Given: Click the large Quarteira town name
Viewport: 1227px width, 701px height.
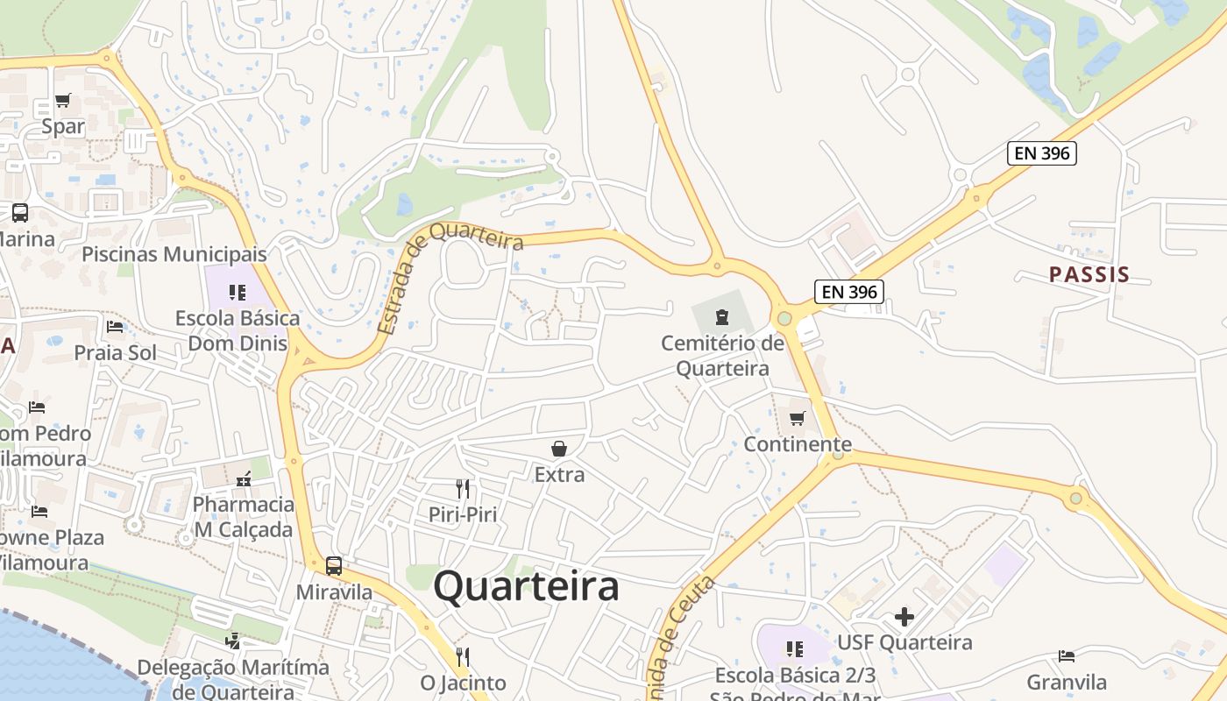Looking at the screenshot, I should click(x=526, y=585).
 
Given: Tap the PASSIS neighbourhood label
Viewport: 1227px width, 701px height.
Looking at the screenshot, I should click(x=1089, y=274).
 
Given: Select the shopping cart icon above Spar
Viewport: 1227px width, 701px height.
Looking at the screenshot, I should click(x=62, y=101).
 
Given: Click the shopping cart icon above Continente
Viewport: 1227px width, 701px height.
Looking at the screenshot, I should click(x=798, y=418).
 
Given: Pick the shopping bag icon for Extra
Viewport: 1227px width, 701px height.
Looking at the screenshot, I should click(x=559, y=449).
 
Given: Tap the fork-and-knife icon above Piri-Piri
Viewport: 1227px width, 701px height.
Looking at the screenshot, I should click(x=463, y=488).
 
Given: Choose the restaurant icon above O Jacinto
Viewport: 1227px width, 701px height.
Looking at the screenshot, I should click(x=463, y=656).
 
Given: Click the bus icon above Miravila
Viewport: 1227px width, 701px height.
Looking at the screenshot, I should click(x=333, y=566).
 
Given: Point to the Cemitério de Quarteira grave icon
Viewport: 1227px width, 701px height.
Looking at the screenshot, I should click(x=722, y=316).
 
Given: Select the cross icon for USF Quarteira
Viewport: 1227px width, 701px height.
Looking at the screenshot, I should click(x=904, y=617).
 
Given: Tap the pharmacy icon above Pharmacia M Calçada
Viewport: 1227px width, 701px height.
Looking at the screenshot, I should click(x=244, y=478).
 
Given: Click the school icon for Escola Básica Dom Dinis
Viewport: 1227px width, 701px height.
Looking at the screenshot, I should click(x=238, y=292).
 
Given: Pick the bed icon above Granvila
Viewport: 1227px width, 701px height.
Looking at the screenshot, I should click(x=1067, y=655).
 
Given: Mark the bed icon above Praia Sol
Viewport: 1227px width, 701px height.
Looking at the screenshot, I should click(x=115, y=327).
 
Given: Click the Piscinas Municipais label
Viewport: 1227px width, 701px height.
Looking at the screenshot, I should click(x=174, y=254).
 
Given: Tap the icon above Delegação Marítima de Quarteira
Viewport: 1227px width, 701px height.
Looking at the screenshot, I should click(x=232, y=641).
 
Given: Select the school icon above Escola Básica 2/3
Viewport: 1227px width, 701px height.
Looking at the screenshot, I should click(x=795, y=649).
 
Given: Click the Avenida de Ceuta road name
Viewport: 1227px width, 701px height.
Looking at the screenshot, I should click(x=682, y=638).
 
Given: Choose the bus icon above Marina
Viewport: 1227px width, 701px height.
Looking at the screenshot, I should click(x=19, y=212).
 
